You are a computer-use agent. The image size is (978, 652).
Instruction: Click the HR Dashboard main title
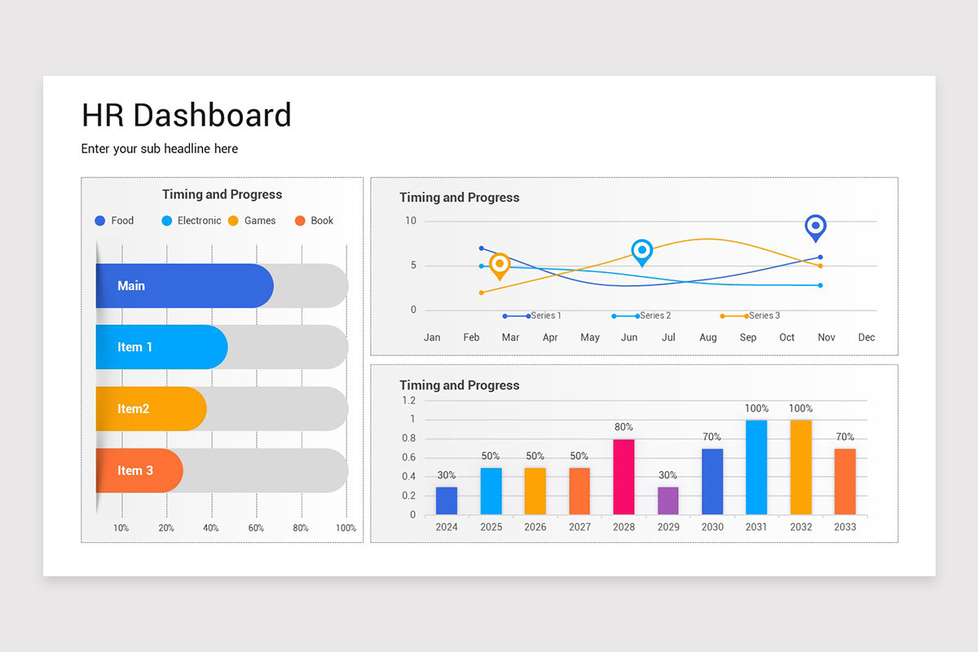point(186,115)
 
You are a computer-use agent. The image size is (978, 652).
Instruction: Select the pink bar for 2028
point(623,477)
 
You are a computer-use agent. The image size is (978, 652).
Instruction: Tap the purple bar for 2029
point(667,500)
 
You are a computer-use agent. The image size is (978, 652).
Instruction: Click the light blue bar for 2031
point(756,467)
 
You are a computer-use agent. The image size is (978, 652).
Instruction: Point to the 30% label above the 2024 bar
point(446,475)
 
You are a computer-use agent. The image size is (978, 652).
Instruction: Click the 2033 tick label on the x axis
point(844,527)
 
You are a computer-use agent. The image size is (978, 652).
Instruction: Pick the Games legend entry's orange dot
point(233,221)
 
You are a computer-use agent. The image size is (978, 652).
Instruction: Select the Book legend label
point(322,221)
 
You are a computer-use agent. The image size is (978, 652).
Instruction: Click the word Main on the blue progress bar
point(131,286)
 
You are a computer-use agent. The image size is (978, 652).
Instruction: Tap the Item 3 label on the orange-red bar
point(134,471)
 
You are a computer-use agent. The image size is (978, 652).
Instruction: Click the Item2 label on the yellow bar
point(133,409)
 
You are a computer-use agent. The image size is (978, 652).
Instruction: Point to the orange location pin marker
point(500,265)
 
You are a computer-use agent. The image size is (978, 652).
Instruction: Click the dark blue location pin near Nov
point(815,227)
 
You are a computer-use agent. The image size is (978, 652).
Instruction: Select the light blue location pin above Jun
point(642,252)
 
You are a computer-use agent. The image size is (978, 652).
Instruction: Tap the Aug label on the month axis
point(707,337)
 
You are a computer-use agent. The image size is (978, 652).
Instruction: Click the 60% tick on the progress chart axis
point(256,528)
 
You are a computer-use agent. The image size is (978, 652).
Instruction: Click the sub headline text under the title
point(160,149)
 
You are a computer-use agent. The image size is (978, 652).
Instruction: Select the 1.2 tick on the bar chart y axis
point(408,400)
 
